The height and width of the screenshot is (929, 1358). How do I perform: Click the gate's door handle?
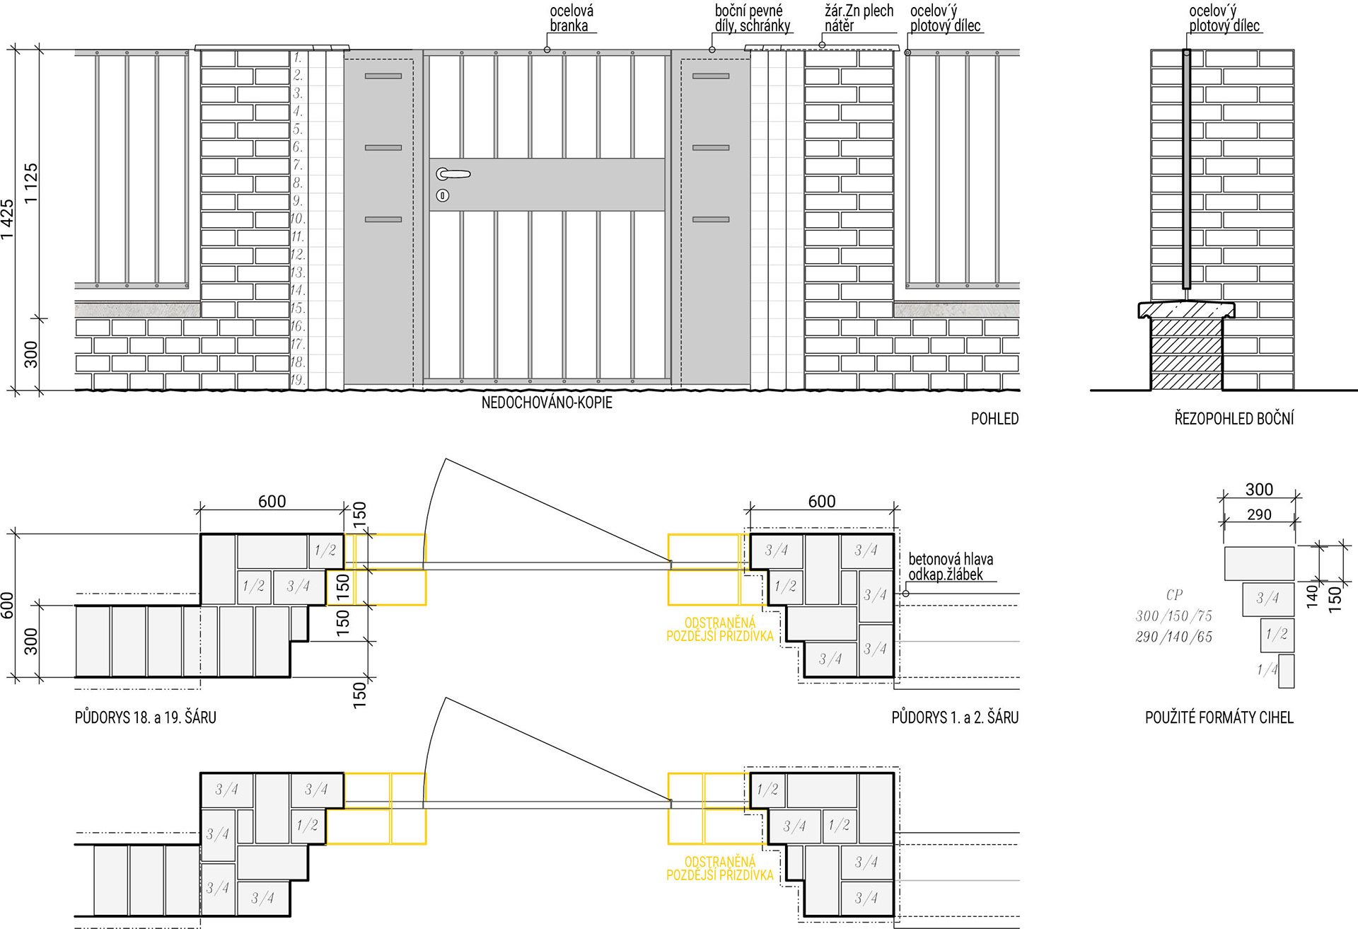point(453,173)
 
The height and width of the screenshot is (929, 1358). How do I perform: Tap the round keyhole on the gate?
point(443,195)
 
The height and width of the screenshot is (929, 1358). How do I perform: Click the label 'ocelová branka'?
point(571,18)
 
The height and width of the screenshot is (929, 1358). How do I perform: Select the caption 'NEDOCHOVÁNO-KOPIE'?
point(547,403)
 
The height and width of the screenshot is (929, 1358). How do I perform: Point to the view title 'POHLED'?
point(994,418)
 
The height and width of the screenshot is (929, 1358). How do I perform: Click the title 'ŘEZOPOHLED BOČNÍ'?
point(1234,418)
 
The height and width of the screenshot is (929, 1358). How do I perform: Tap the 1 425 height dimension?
point(8,219)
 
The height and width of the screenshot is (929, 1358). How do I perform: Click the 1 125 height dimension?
point(31,184)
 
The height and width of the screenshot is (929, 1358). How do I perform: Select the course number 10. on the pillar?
point(298,219)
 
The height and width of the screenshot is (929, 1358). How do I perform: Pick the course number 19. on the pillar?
point(298,379)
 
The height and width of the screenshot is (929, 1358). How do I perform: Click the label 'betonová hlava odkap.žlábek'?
point(950,567)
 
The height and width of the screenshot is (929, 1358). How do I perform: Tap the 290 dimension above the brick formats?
point(1259,514)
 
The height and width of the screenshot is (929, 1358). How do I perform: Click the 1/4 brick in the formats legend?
point(1286,671)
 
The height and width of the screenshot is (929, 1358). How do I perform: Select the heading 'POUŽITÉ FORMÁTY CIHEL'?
point(1219,717)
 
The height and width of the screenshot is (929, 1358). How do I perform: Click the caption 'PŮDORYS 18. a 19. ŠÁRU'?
point(146,717)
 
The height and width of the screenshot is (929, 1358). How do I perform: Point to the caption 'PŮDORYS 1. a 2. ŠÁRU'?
point(955,717)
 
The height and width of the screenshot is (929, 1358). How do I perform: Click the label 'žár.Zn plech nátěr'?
point(859,18)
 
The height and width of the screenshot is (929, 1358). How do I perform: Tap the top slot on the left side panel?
point(383,76)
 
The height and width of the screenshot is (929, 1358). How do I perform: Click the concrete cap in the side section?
point(1186,310)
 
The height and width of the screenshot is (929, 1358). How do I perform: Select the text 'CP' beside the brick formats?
point(1174,595)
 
